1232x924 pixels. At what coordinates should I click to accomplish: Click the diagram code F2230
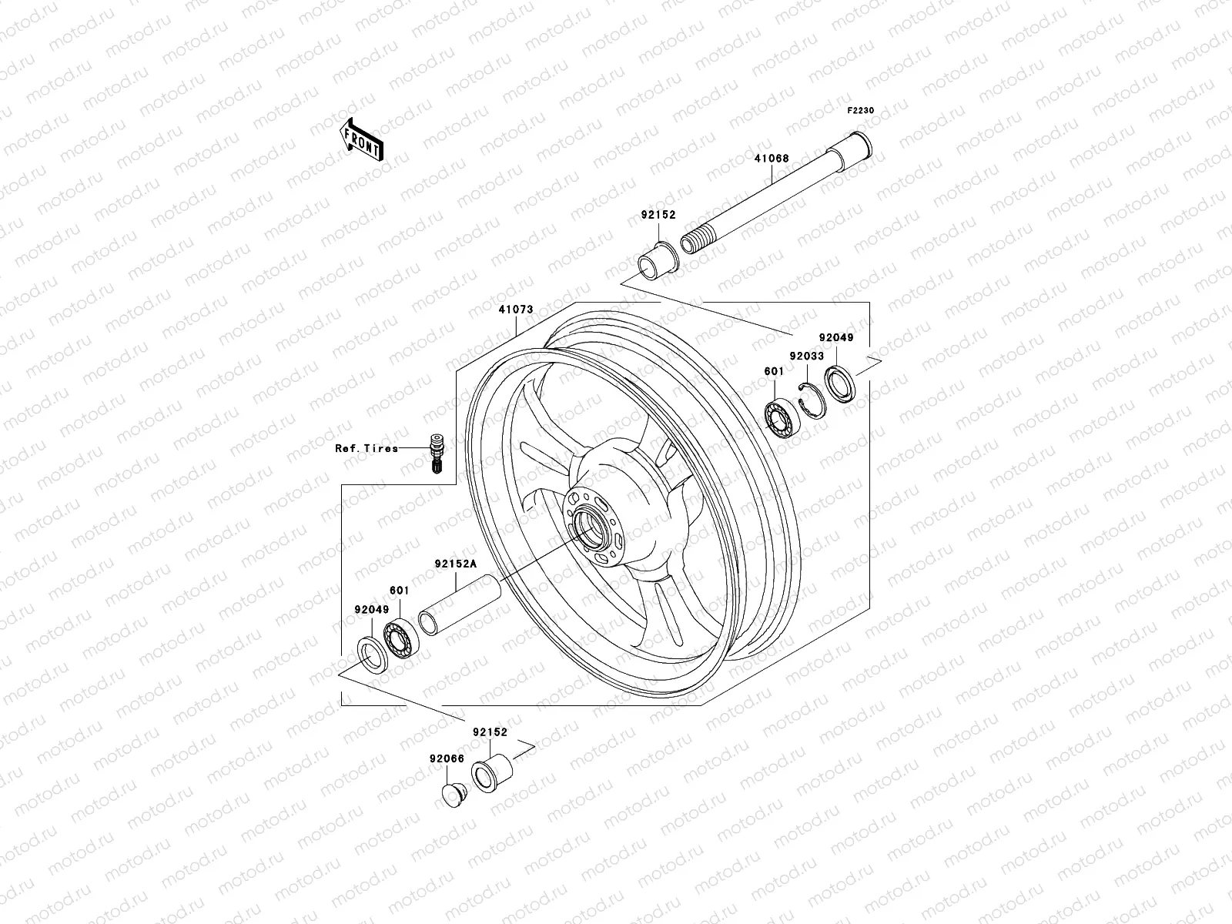pyautogui.click(x=861, y=111)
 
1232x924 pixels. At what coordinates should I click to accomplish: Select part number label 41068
pyautogui.click(x=771, y=159)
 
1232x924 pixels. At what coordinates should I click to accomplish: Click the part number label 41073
pyautogui.click(x=515, y=310)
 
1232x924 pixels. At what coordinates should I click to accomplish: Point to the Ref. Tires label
pyautogui.click(x=367, y=448)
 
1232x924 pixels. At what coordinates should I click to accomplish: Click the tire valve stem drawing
pyautogui.click(x=435, y=454)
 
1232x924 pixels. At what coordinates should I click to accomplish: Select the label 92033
pyautogui.click(x=806, y=357)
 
